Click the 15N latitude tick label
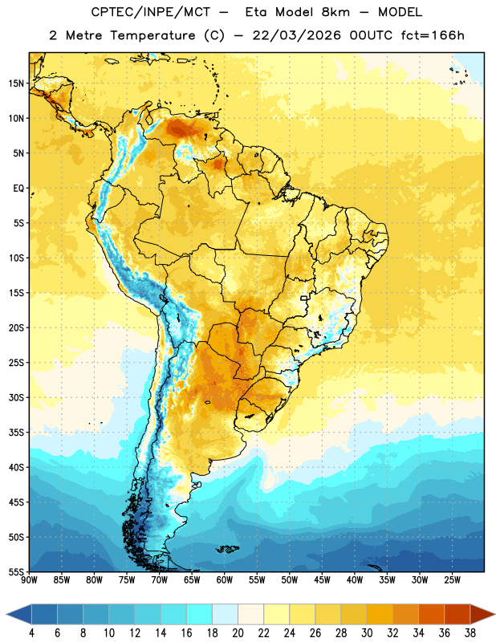pos(16,83)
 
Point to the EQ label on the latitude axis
pos(18,189)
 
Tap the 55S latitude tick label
pos(16,571)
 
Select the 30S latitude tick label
pos(16,397)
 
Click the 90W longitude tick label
pos(29,580)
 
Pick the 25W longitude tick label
pos(452,580)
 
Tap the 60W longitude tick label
pos(225,580)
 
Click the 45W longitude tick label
pos(322,580)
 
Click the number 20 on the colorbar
pos(238,633)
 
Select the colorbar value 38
pos(470,633)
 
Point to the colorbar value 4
pos(31,633)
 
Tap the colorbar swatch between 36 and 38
pos(457,614)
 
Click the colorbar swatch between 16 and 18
pos(200,614)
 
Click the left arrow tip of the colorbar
pos(6,614)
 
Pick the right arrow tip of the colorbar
pos(494,614)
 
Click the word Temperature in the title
pos(152,35)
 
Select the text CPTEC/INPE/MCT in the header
pos(150,12)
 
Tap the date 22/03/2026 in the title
pos(296,35)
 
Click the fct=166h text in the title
pos(433,35)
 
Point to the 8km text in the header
pos(335,12)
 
